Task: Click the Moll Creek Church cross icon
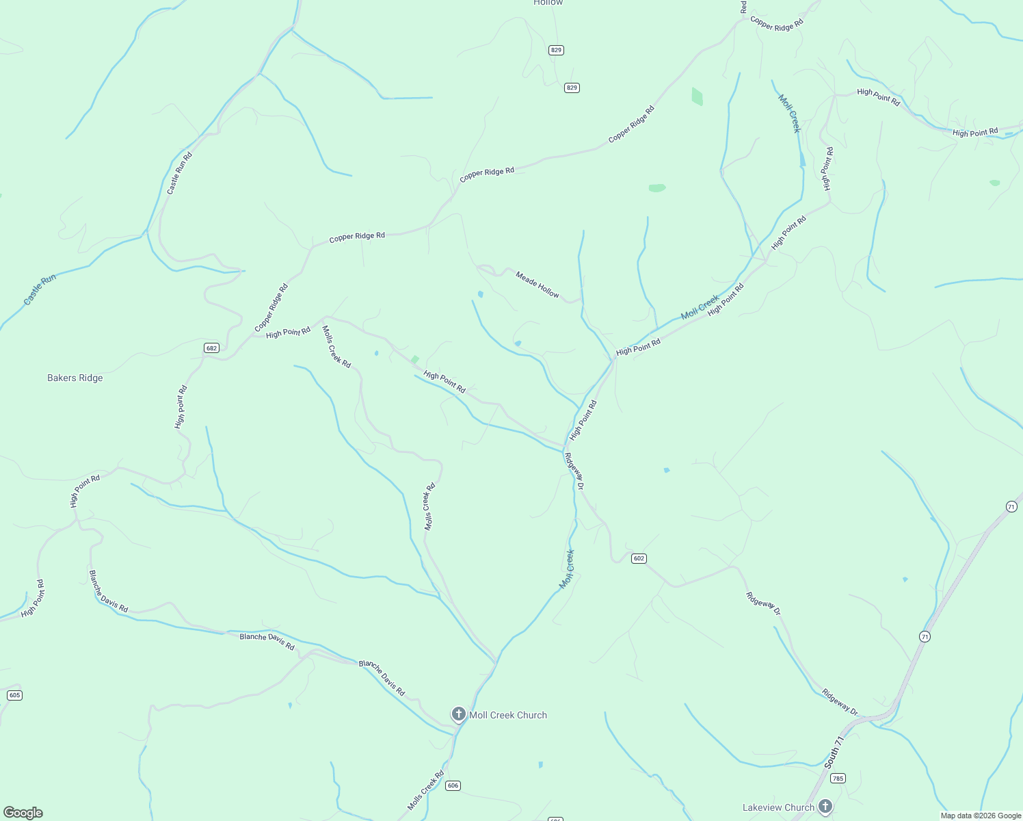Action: coord(458,714)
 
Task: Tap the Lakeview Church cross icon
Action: coord(825,806)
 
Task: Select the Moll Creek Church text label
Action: coord(508,715)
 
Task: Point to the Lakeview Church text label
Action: coord(778,807)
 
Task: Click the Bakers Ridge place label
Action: coord(75,378)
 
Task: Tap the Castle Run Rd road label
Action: coord(180,173)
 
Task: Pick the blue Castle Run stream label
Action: coord(40,289)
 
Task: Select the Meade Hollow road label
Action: coord(537,285)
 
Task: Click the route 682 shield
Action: coord(211,348)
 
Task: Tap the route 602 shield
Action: coord(639,558)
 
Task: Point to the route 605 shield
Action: coord(14,695)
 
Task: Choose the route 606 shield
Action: coord(453,785)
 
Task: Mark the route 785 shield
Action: coord(838,778)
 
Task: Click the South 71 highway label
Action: coord(834,752)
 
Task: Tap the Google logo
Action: coord(23,813)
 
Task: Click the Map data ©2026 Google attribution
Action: coord(981,816)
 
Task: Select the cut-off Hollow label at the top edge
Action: coord(548,3)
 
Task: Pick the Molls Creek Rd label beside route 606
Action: coord(425,791)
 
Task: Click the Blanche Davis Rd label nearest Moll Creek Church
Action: coord(382,678)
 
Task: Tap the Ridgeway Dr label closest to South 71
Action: coord(840,702)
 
